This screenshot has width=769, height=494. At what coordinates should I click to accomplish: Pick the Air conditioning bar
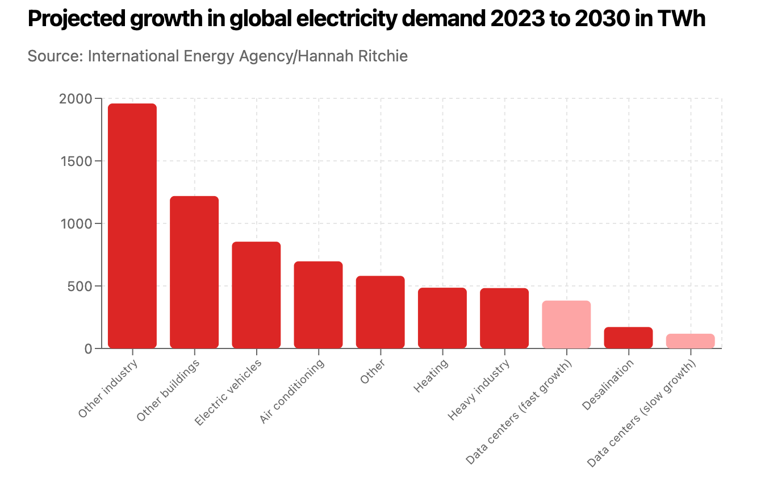coord(318,305)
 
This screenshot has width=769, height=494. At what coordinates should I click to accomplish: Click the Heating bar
coord(442,318)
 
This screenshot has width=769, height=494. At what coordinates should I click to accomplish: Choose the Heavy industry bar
coord(504,318)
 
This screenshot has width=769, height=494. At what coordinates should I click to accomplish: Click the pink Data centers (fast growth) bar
coord(566,324)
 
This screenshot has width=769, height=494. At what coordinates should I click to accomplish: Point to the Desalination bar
coord(628,337)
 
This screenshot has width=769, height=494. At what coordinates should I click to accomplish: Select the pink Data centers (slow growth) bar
coord(690,341)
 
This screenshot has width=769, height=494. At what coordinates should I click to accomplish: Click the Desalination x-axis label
coord(608,385)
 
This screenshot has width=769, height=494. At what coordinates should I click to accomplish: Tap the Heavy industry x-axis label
coord(479,391)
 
